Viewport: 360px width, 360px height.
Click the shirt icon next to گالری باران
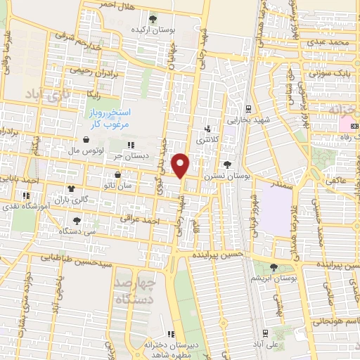tap(70, 188)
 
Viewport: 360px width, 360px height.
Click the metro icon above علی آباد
tap(264, 333)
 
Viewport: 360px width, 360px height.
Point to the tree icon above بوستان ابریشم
tap(273, 266)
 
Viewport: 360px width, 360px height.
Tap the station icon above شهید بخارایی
tap(249, 109)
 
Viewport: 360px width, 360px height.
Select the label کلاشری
tap(207, 141)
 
